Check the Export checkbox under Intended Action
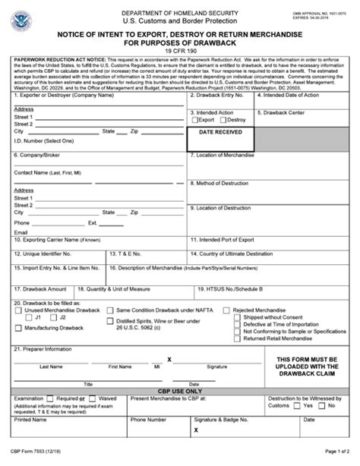[194, 120]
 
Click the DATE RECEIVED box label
[221, 132]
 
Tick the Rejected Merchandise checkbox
[227, 310]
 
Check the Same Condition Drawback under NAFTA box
[110, 310]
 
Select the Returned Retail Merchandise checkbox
[238, 338]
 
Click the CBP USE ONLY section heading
[180, 391]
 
